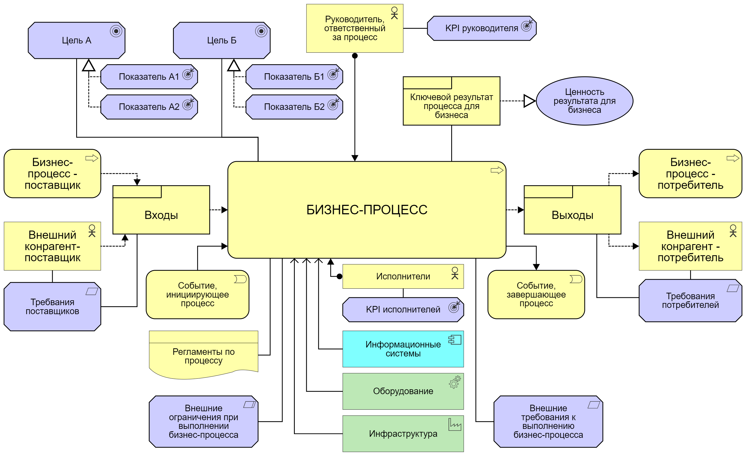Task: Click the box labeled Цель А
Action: point(76,40)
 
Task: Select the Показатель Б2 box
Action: point(294,107)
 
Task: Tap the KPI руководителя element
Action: point(481,28)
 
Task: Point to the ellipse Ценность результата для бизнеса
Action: point(584,101)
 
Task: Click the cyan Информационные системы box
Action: point(403,349)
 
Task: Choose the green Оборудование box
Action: point(403,391)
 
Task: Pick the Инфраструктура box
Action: point(403,433)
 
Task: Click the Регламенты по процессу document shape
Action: point(203,356)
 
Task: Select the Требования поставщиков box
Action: point(52,307)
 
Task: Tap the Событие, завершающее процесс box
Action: point(536,294)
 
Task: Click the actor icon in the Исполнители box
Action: point(455,273)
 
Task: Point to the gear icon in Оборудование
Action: point(455,382)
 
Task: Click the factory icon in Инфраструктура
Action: point(455,425)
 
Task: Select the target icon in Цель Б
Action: point(261,31)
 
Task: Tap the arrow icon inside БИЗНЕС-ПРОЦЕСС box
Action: point(497,170)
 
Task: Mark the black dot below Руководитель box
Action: point(355,56)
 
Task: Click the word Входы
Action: point(161,215)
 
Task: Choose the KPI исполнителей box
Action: point(403,310)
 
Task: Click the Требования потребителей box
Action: point(690,300)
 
